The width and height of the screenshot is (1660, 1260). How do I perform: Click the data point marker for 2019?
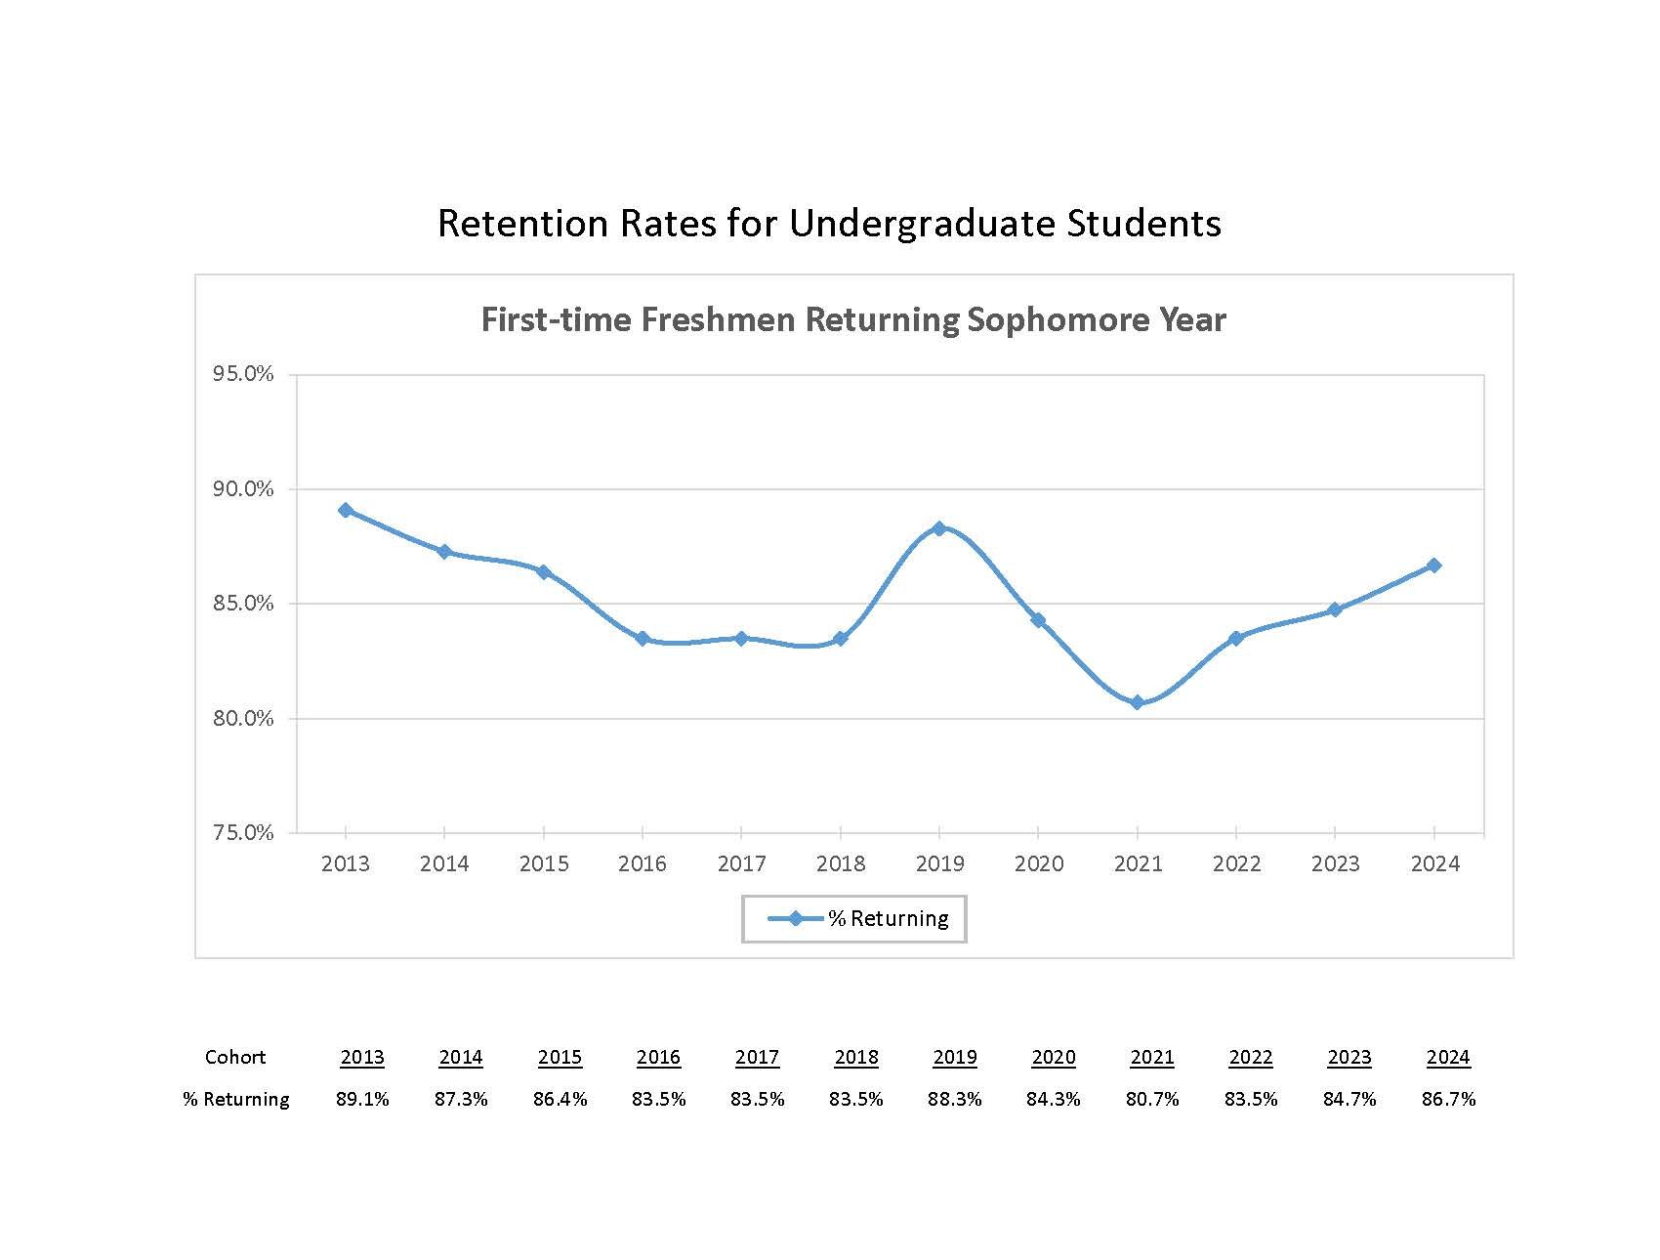pos(939,528)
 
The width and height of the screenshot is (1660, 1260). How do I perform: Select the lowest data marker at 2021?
pos(1137,702)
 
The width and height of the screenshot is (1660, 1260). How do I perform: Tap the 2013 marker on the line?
pos(346,510)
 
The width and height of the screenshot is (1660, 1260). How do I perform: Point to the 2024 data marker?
pos(1433,566)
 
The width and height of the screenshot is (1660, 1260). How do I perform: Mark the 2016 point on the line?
pos(643,639)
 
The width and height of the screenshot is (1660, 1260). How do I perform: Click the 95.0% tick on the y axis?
pos(243,375)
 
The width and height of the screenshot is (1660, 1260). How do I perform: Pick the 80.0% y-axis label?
pos(243,719)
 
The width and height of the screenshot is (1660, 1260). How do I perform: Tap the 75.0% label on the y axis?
pos(243,833)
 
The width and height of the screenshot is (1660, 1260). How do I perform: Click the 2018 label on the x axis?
pos(841,863)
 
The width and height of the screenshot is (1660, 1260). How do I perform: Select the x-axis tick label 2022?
pos(1236,863)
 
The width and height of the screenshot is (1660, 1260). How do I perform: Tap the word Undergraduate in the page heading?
pos(922,224)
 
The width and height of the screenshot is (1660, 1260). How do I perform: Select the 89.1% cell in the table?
pos(362,1099)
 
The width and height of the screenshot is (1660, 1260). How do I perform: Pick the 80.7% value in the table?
pos(1152,1099)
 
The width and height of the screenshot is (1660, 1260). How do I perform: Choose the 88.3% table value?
pos(955,1099)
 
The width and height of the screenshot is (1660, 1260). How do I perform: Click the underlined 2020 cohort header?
pos(1054,1057)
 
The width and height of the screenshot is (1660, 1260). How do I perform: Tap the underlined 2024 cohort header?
pos(1448,1057)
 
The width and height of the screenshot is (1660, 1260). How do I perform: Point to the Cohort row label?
pos(235,1057)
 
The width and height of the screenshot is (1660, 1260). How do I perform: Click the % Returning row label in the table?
pos(236,1099)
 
